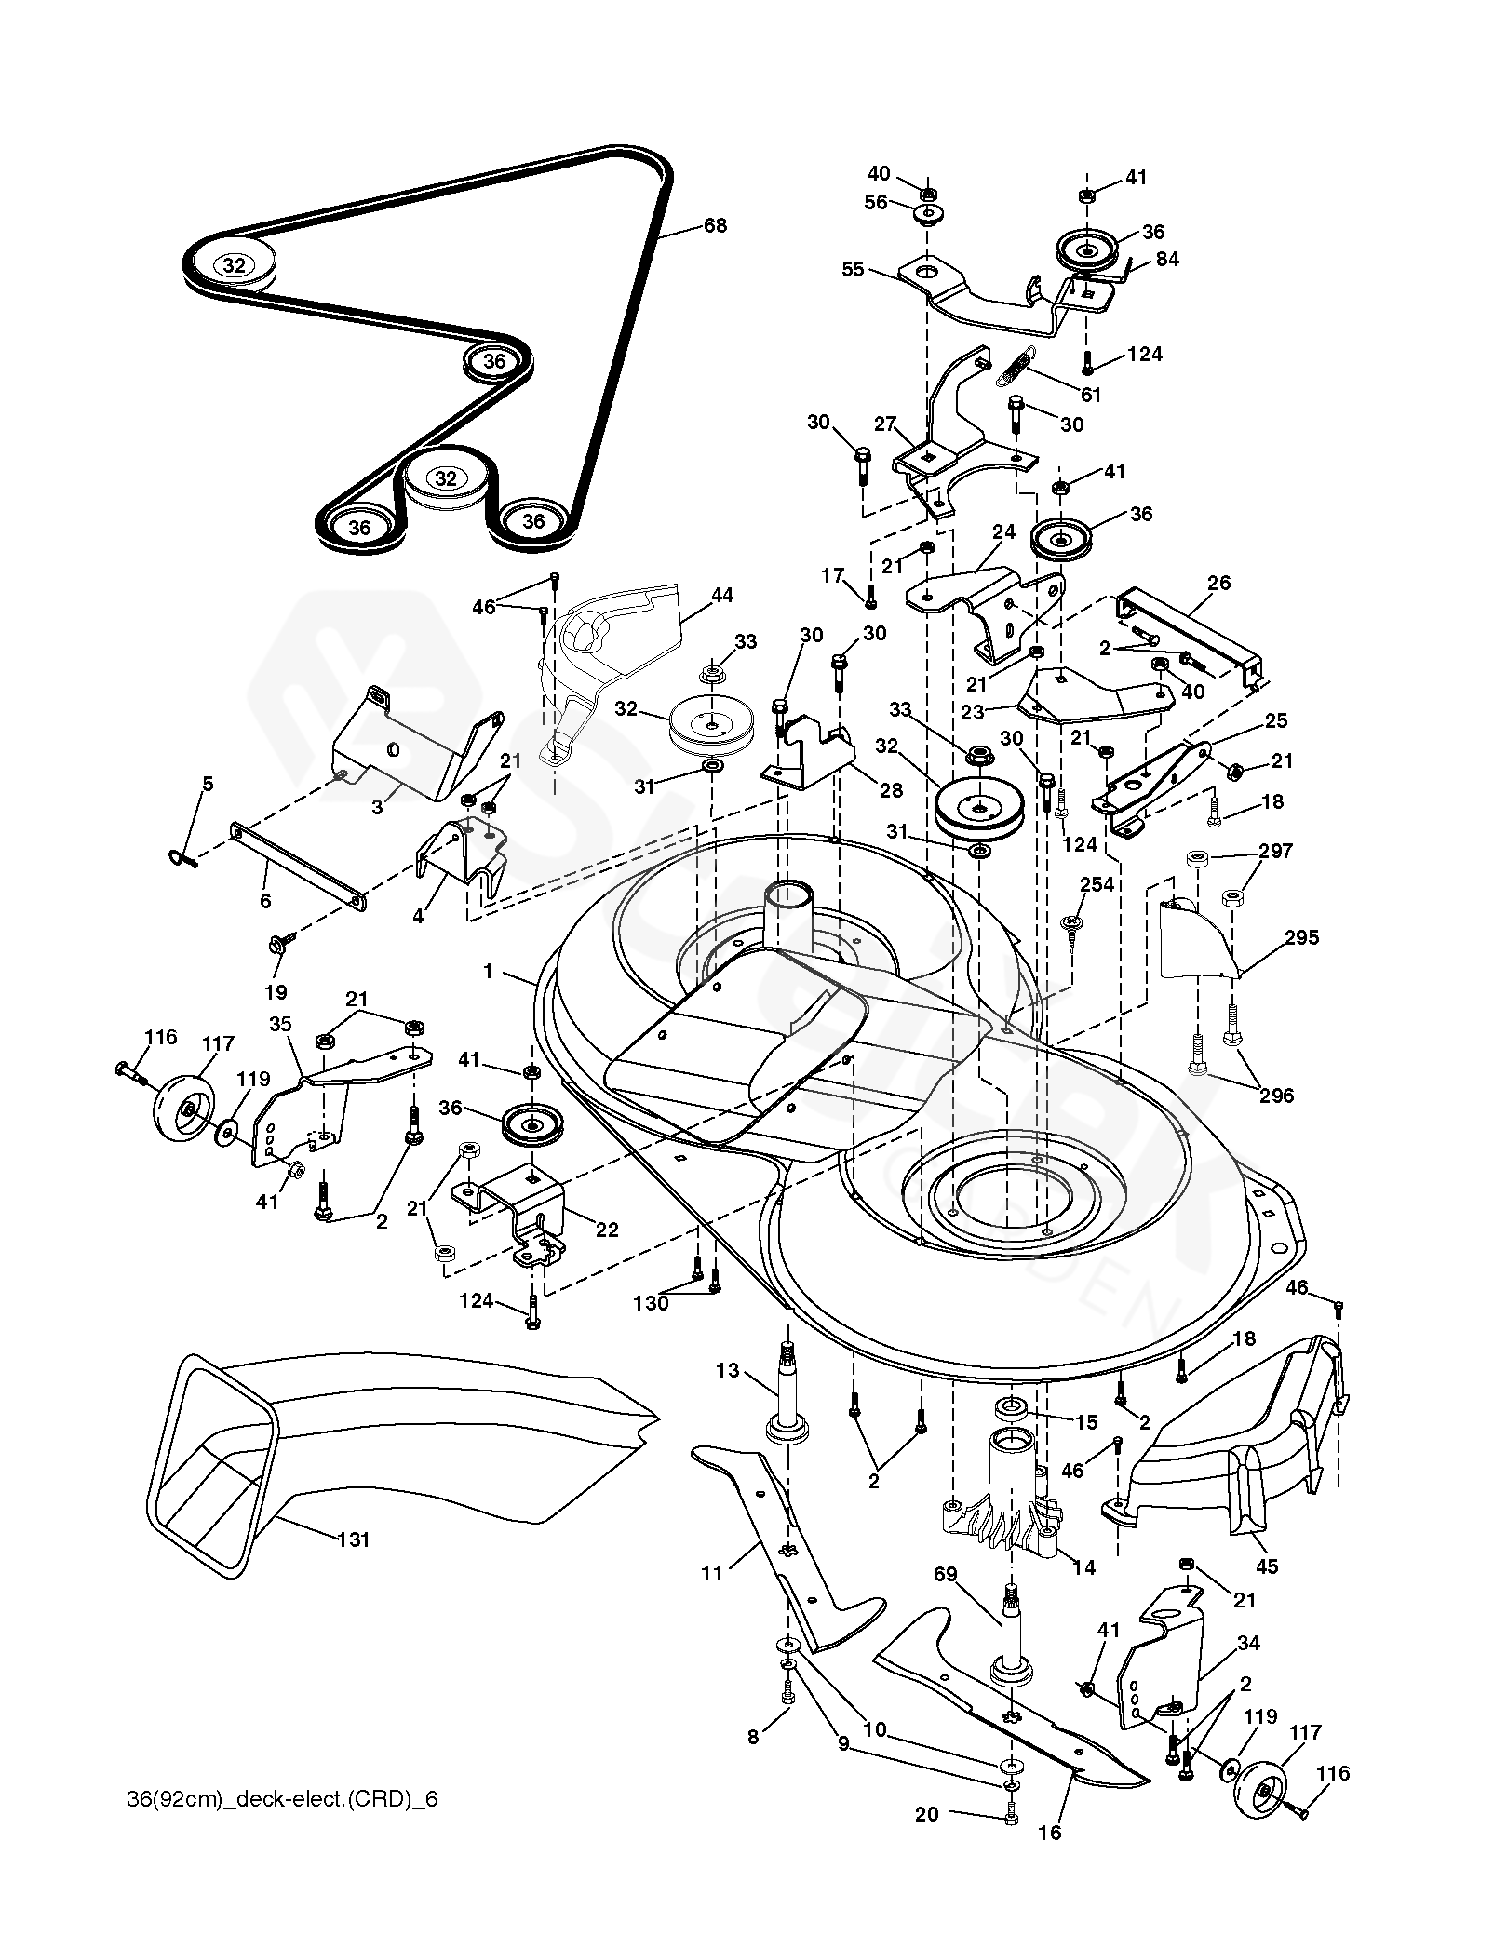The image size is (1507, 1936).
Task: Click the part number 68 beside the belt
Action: pos(715,226)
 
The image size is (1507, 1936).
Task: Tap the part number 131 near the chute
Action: pos(354,1539)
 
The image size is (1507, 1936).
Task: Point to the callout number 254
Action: pos(1097,883)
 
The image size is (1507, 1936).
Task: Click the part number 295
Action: pos(1301,937)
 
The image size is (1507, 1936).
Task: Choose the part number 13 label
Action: pos(727,1370)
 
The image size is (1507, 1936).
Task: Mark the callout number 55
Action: pos(853,270)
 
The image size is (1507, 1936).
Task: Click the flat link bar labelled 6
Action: pos(298,863)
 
